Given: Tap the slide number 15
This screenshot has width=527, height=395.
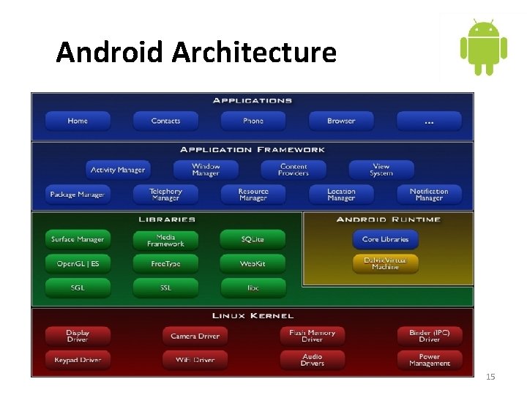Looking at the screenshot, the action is click(490, 377).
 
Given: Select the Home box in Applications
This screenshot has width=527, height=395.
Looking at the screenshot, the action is click(78, 121).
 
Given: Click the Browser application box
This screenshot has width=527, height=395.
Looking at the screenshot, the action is click(341, 121).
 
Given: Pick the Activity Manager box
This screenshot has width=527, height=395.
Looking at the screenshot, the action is click(118, 170).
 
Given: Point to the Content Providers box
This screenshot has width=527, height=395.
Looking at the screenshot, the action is click(294, 170).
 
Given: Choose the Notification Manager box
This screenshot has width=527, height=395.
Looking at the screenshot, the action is click(429, 195).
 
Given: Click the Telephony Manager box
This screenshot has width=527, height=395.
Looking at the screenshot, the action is click(165, 195).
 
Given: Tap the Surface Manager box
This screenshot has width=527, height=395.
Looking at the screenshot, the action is click(78, 239).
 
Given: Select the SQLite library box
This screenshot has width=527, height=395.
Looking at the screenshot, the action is click(253, 239).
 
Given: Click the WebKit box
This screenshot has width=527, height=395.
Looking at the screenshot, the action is click(253, 263).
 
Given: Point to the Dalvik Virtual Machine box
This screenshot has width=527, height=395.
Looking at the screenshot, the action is click(385, 263).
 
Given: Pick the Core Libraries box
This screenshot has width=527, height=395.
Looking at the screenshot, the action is click(385, 239).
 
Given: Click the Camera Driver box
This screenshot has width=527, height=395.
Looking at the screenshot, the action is click(195, 336).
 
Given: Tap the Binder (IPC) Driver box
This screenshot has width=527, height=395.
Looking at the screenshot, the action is click(429, 336).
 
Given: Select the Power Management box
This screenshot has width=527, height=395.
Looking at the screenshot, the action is click(429, 360).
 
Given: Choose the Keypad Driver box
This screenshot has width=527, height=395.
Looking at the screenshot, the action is click(78, 360).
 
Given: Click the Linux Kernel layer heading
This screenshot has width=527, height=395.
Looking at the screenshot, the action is click(253, 316).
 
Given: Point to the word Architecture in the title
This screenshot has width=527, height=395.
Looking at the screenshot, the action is click(254, 53).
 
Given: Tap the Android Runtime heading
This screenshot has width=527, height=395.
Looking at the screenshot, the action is click(388, 219).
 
